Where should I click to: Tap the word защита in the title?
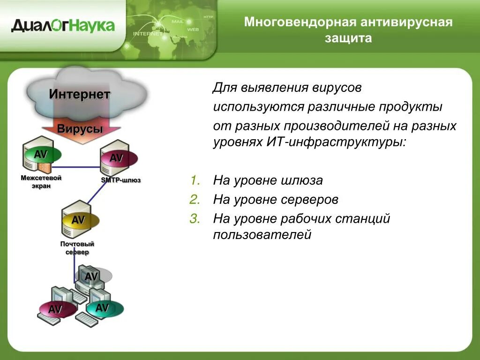pos(348,38)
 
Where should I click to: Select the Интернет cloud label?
pos(80,95)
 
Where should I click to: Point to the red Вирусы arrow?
pos(80,129)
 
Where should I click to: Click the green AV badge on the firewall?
pos(41,154)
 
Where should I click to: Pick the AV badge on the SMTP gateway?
pos(117,158)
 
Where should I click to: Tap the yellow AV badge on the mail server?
pos(78,220)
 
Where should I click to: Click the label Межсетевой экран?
pos(41,182)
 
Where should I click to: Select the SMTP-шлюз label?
pos(121,180)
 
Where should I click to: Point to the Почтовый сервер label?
pos(77,248)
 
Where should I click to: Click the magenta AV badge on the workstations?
pos(56,309)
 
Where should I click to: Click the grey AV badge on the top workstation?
pos(91,277)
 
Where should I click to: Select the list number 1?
pos(195,180)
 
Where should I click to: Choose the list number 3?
pos(195,218)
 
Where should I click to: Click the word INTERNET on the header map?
pos(148,34)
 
